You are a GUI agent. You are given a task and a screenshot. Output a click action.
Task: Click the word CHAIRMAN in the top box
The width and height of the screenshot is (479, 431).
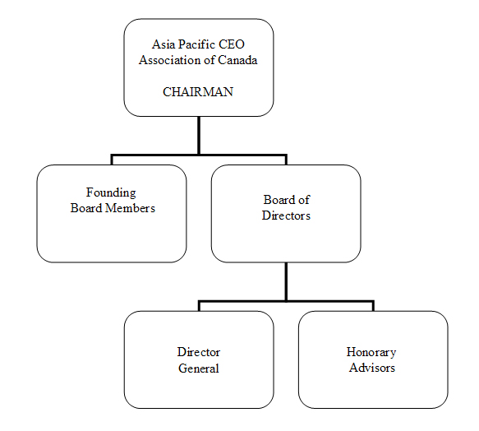[198, 92]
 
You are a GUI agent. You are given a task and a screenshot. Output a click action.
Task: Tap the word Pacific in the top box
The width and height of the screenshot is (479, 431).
[196, 44]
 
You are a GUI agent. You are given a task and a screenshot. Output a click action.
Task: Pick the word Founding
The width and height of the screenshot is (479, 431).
[111, 193]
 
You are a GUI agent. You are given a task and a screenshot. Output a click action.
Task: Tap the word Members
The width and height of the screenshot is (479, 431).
[130, 208]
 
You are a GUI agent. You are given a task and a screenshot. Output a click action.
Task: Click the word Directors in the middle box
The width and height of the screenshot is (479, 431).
[286, 215]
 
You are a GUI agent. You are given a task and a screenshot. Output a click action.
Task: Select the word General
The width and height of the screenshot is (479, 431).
[199, 368]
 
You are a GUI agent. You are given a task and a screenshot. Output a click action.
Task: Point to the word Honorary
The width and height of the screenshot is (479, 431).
[371, 353]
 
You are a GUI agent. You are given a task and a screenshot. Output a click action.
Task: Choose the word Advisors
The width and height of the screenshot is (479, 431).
[372, 368]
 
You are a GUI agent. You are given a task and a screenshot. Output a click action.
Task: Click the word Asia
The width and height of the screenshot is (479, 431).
[164, 44]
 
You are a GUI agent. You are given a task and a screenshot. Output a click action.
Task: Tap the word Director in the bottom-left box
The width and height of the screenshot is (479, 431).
[199, 352]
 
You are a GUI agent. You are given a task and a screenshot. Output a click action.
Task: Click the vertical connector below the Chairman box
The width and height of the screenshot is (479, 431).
[199, 136]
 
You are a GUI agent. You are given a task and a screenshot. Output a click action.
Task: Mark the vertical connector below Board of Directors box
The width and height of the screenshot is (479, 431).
[286, 282]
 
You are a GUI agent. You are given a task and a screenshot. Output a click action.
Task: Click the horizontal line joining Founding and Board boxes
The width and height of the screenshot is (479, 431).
[199, 155]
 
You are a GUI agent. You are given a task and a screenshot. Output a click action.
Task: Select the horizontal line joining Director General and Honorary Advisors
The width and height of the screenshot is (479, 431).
[286, 301]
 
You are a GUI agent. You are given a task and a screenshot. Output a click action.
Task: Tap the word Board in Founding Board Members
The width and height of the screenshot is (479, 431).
[86, 208]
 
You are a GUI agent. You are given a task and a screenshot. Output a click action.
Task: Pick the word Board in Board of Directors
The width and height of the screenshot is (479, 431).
[279, 200]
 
